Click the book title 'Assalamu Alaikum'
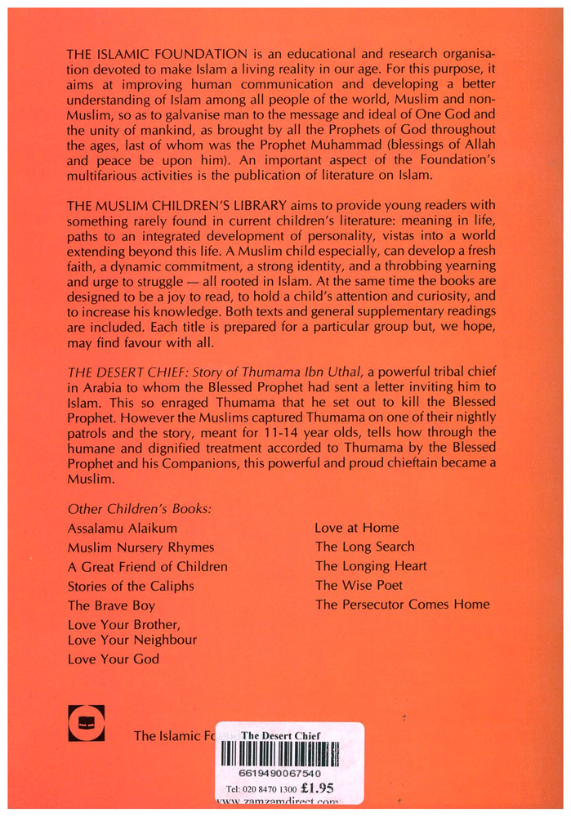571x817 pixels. pyautogui.click(x=123, y=529)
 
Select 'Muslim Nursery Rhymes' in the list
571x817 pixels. pyautogui.click(x=141, y=547)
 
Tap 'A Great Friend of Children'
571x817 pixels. pyautogui.click(x=148, y=566)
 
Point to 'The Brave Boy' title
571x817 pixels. pyautogui.click(x=111, y=605)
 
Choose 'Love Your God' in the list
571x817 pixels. pyautogui.click(x=114, y=659)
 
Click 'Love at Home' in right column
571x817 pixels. pyautogui.click(x=357, y=528)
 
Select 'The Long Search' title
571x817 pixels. pyautogui.click(x=365, y=547)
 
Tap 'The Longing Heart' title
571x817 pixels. pyautogui.click(x=371, y=565)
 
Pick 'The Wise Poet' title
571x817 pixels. pyautogui.click(x=359, y=585)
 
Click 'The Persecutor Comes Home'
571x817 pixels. pyautogui.click(x=403, y=605)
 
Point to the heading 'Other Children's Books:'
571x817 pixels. pyautogui.click(x=140, y=507)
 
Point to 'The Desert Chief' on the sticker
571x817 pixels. pyautogui.click(x=281, y=735)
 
